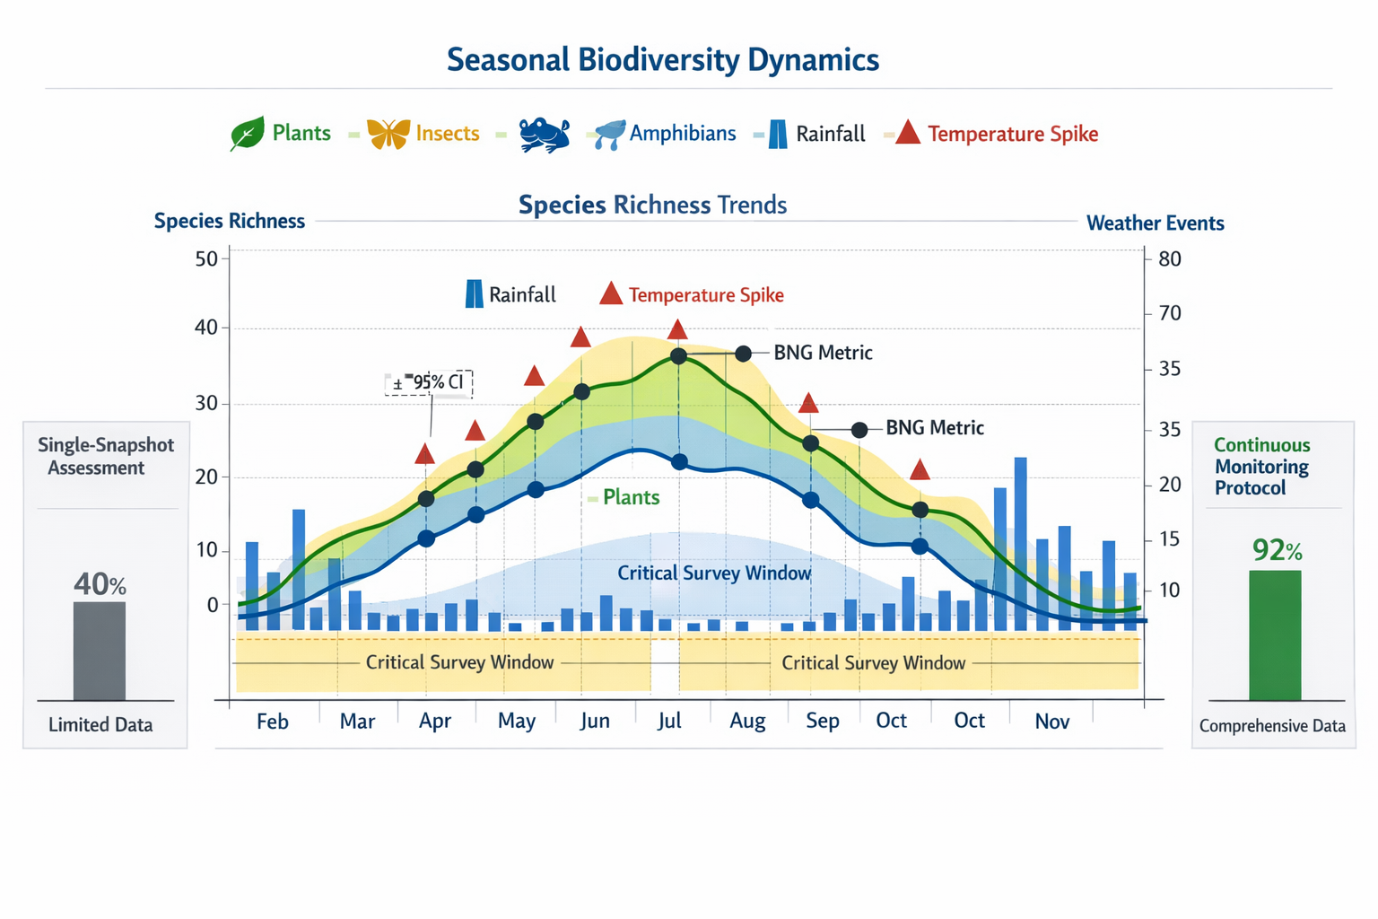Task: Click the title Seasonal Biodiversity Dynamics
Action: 662,59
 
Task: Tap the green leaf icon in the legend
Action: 247,134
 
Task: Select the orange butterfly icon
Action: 388,134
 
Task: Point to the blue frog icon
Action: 544,135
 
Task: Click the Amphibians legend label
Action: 682,134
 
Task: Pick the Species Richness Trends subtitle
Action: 652,205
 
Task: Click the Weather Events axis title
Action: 1155,223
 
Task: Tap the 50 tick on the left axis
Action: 206,259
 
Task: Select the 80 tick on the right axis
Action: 1170,259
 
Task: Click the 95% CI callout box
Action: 429,383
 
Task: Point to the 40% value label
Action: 100,584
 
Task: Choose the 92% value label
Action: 1276,549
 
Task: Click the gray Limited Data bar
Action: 100,651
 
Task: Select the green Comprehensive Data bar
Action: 1275,635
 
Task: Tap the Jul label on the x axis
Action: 669,721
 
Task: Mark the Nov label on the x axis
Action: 1051,721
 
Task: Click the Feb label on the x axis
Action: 273,722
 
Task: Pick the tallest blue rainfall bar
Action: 1020,543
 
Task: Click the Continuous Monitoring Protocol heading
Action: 1261,467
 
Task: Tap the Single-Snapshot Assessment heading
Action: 105,456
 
